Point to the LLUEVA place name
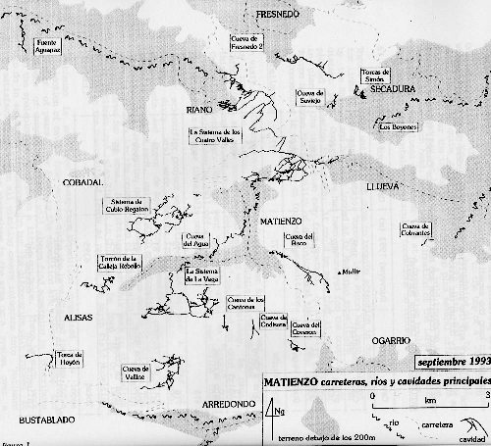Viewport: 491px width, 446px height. (x=405, y=183)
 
